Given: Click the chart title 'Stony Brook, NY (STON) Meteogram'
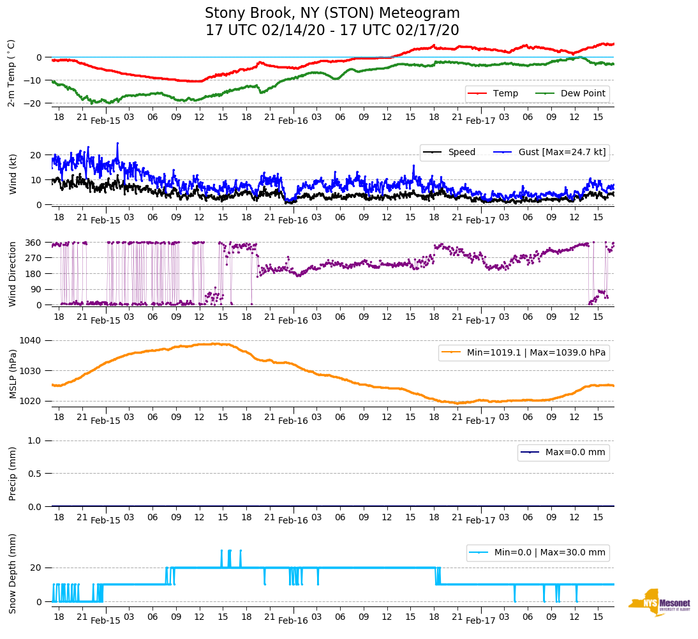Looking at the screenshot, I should click(332, 13).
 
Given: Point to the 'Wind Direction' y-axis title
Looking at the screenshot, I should click(13, 274).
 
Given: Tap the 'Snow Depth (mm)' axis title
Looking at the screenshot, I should click(13, 573).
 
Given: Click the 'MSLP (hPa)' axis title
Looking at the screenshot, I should click(13, 373).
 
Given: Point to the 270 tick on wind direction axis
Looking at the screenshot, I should click(35, 258).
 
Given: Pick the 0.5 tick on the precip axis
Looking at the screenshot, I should click(36, 474).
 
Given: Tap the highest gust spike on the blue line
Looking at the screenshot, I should click(117, 144).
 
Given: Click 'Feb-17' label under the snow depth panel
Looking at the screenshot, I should click(480, 620).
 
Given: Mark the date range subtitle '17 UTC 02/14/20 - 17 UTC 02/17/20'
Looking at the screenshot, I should click(332, 31).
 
